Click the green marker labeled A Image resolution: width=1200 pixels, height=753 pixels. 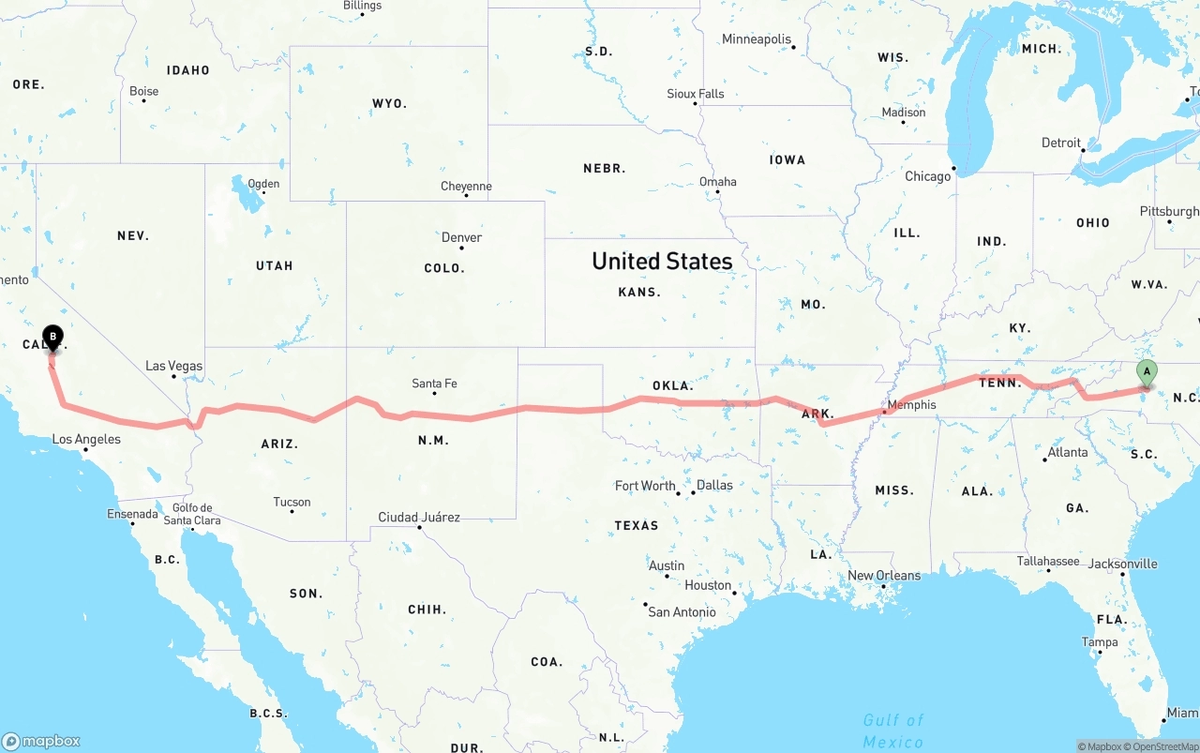click(1146, 372)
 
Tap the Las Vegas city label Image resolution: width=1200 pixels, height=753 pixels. click(173, 366)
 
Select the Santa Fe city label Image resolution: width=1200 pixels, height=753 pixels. click(434, 384)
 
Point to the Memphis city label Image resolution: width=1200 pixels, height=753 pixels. click(911, 405)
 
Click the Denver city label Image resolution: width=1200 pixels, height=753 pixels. click(461, 238)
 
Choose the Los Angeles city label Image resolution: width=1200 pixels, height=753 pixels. click(86, 439)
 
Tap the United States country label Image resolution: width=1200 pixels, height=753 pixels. click(662, 262)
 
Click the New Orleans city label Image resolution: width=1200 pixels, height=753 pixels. click(884, 575)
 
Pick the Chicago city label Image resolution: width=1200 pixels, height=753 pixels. click(927, 176)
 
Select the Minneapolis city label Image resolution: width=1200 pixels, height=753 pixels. click(757, 39)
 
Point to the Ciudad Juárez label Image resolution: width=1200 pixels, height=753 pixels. click(419, 517)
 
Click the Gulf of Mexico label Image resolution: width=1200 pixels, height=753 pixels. click(893, 730)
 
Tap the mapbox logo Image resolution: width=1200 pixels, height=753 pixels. click(41, 741)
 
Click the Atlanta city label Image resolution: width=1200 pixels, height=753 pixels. click(1068, 452)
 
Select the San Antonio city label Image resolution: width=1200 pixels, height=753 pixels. click(682, 612)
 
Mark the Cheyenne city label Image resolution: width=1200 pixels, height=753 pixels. click(466, 187)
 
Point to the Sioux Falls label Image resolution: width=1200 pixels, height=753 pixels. click(695, 94)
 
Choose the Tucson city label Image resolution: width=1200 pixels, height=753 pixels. click(292, 503)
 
